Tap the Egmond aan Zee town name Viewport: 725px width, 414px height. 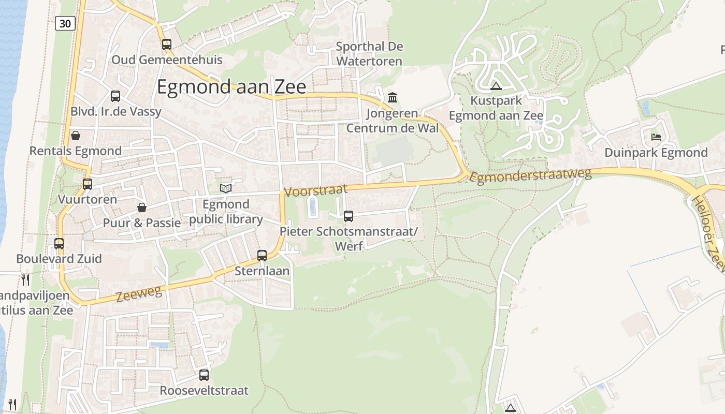(x=231, y=87)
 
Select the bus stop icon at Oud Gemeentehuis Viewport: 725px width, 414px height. (x=166, y=45)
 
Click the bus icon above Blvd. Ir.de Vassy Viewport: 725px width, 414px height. (x=115, y=96)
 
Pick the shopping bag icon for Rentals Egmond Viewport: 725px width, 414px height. (x=76, y=136)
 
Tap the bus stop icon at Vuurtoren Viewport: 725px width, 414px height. (x=88, y=184)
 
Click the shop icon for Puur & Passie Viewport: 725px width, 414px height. (x=142, y=208)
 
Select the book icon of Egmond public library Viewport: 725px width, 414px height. (x=225, y=188)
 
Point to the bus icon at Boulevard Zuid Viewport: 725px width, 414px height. (x=59, y=243)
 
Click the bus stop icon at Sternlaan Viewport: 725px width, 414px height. (x=262, y=255)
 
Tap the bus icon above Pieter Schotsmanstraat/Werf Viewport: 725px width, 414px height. (x=349, y=216)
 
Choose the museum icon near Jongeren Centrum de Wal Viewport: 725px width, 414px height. (x=393, y=97)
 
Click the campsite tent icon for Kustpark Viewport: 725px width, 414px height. (x=496, y=86)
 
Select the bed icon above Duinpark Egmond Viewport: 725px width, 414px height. (x=656, y=137)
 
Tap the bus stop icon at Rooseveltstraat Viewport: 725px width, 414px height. (x=204, y=375)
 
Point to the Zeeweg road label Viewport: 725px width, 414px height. (x=139, y=294)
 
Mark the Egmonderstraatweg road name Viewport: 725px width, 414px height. (x=530, y=175)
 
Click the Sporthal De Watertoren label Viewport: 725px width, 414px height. (x=369, y=54)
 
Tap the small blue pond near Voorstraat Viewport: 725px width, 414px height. (x=313, y=206)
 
